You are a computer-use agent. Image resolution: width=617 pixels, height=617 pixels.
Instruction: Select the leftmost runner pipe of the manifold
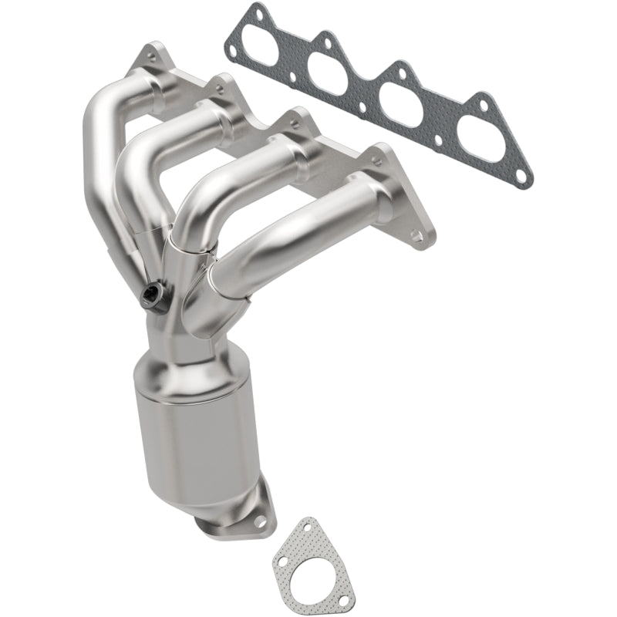[100, 147]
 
